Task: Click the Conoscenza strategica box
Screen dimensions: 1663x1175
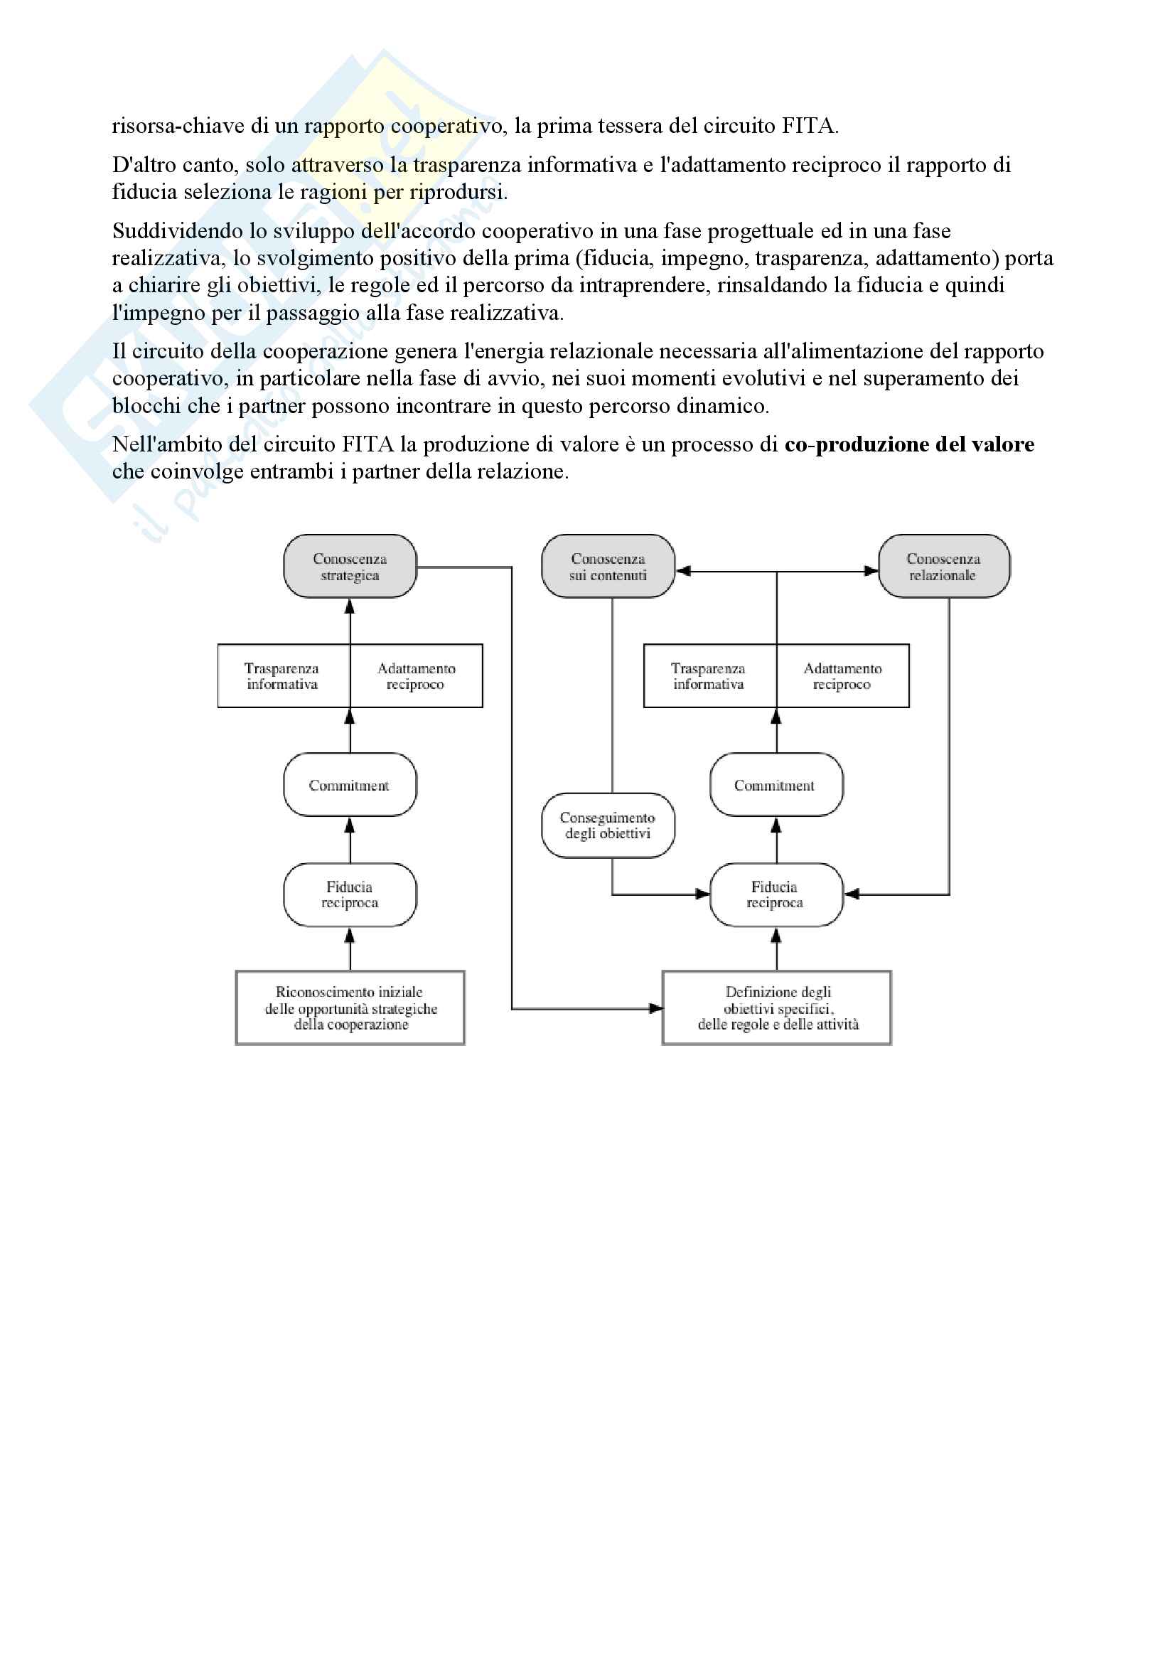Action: (350, 567)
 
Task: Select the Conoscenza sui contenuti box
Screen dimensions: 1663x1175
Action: (608, 567)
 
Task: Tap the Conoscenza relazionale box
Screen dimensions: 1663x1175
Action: (943, 567)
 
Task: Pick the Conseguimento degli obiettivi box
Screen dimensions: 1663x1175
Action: (608, 825)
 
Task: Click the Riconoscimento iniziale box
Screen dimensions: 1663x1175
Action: (350, 1007)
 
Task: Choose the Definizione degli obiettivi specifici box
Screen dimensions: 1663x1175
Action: (777, 1007)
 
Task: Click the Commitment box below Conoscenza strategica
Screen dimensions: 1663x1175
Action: (350, 785)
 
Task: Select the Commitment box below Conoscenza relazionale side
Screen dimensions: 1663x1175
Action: (776, 785)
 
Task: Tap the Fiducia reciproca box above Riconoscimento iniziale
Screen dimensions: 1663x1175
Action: (350, 894)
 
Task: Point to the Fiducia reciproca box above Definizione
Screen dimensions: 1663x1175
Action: (776, 894)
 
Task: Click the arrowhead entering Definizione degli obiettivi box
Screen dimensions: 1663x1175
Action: (656, 1008)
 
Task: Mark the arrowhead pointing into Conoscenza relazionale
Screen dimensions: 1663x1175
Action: (871, 572)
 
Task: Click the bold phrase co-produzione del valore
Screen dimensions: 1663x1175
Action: (909, 444)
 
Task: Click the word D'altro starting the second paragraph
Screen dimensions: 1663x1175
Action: (139, 165)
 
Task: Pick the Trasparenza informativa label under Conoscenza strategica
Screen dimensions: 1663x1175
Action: (282, 675)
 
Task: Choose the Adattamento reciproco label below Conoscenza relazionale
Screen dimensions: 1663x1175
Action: (842, 675)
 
